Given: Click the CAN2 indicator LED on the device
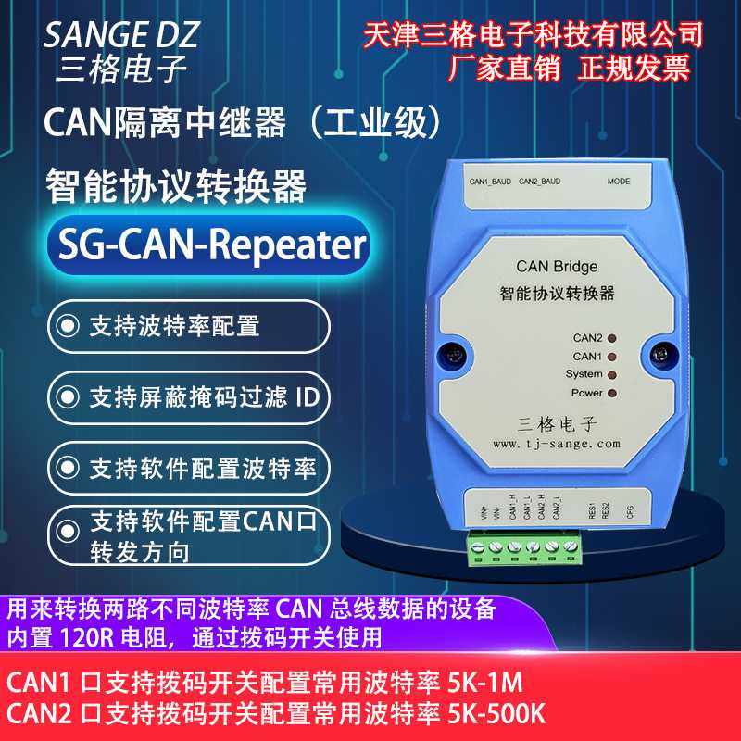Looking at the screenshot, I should pyautogui.click(x=611, y=338).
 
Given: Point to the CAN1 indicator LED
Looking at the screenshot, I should pyautogui.click(x=611, y=357).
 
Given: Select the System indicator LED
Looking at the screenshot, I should pyautogui.click(x=611, y=375).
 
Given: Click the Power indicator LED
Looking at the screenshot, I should pyautogui.click(x=611, y=394).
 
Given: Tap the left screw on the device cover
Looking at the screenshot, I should pyautogui.click(x=454, y=353).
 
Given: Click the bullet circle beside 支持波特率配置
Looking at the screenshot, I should pyautogui.click(x=67, y=326).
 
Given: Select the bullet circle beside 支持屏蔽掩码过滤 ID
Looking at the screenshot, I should pyautogui.click(x=67, y=397).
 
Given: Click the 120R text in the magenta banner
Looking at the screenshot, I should pyautogui.click(x=90, y=637).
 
